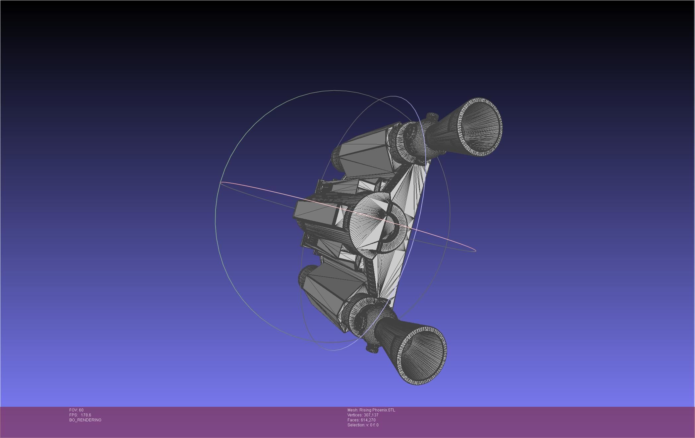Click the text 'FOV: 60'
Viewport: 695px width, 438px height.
[x=76, y=410]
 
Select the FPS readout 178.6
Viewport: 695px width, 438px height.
[x=86, y=415]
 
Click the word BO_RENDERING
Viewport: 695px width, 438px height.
[x=85, y=420]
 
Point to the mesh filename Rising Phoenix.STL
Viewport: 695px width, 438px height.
[x=377, y=410]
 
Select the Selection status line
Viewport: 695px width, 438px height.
[x=363, y=425]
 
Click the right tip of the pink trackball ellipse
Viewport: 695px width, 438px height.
[x=475, y=250]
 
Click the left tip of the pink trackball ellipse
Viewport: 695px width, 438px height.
[x=221, y=183]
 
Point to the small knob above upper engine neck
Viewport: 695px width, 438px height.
[x=432, y=116]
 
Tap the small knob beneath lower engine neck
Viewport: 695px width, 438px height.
[x=372, y=348]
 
